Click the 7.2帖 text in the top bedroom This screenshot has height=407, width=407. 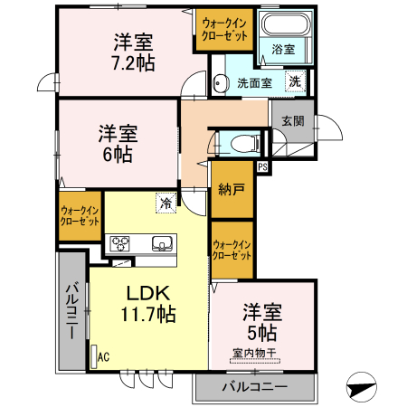pyautogui.click(x=132, y=64)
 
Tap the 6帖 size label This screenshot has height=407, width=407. pyautogui.click(x=117, y=155)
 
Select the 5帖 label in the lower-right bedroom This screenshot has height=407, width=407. pyautogui.click(x=262, y=333)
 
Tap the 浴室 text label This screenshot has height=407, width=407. pyautogui.click(x=282, y=51)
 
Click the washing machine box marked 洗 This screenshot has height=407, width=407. pyautogui.click(x=295, y=81)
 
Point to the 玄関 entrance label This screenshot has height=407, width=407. pyautogui.click(x=292, y=121)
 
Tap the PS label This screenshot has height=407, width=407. pyautogui.click(x=262, y=167)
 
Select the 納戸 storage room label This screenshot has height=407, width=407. pyautogui.click(x=231, y=190)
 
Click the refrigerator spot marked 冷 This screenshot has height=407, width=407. pyautogui.click(x=166, y=203)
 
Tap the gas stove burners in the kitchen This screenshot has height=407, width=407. pyautogui.click(x=121, y=242)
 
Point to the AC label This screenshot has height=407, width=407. pyautogui.click(x=103, y=356)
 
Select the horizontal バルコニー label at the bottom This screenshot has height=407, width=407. pyautogui.click(x=254, y=388)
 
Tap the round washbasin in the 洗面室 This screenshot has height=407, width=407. pyautogui.click(x=220, y=84)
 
